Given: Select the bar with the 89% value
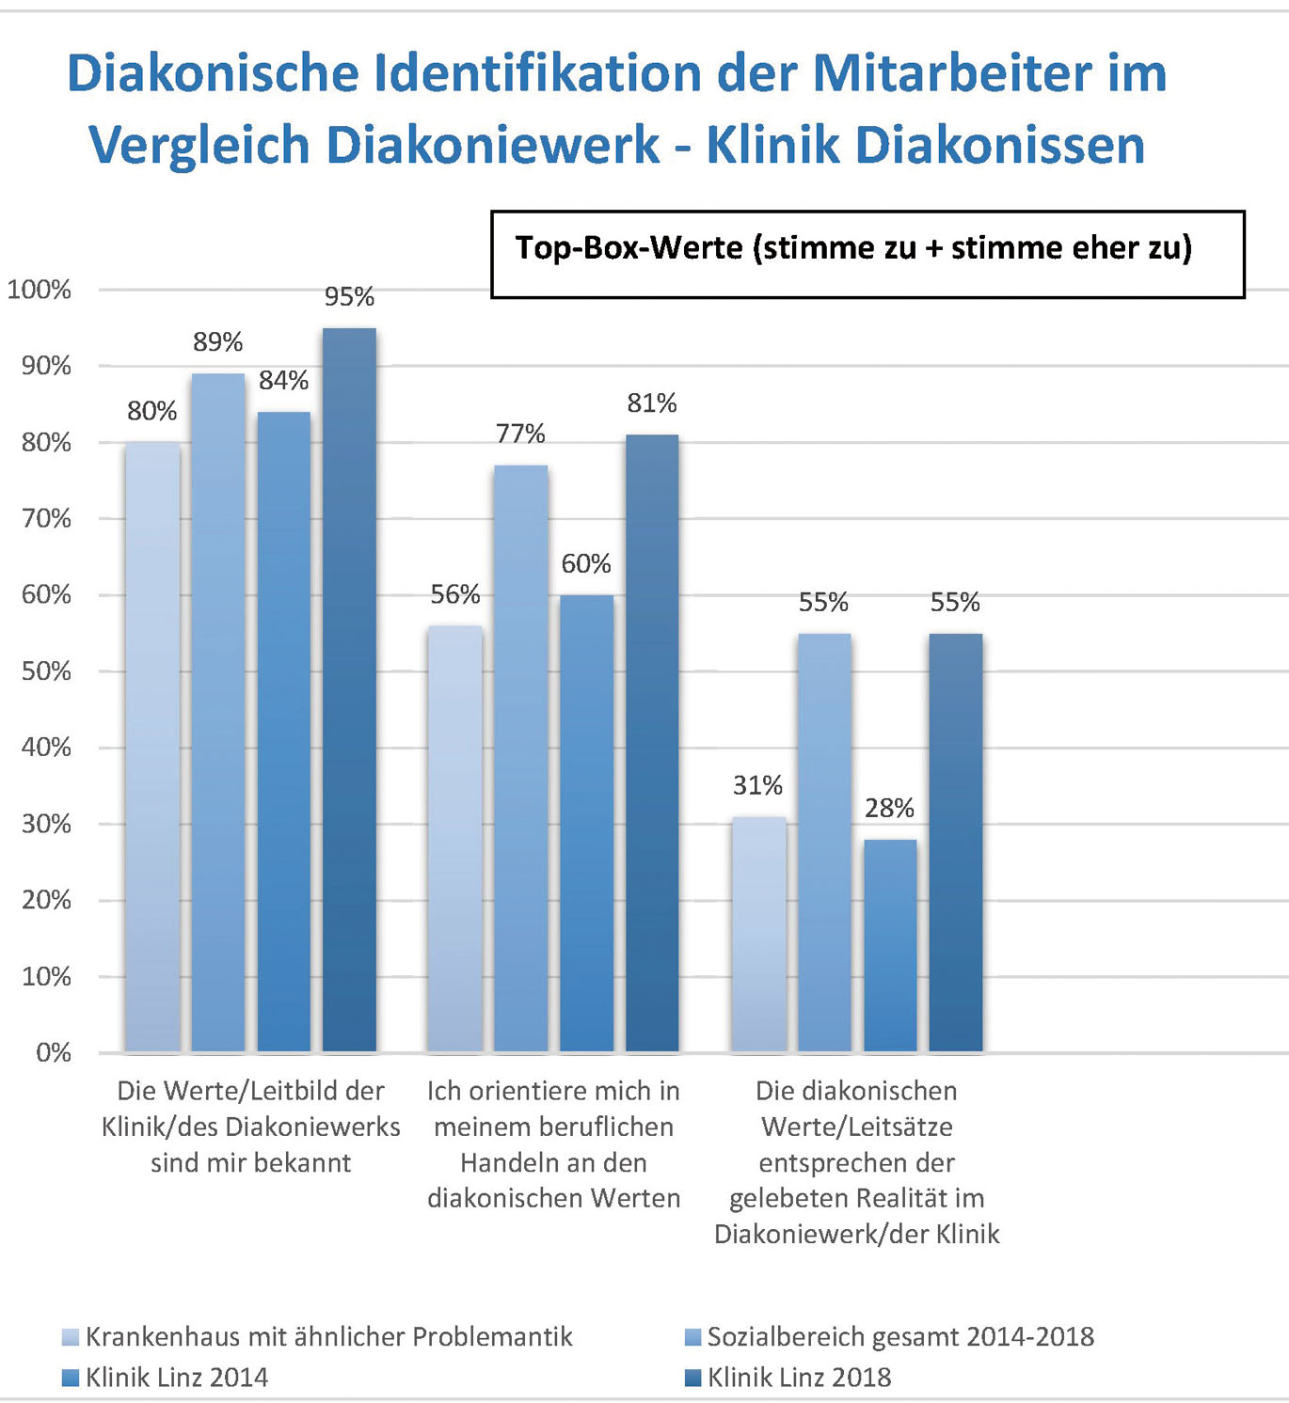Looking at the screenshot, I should pyautogui.click(x=218, y=712).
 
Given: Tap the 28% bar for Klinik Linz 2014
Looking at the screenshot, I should pyautogui.click(x=889, y=945).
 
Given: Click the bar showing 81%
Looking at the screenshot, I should pyautogui.click(x=652, y=743).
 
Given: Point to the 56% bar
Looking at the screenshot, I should pyautogui.click(x=454, y=838).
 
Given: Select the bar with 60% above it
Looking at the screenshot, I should pyautogui.click(x=586, y=823).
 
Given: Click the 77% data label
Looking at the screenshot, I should pyautogui.click(x=520, y=434).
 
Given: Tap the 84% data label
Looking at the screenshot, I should pyautogui.click(x=283, y=381).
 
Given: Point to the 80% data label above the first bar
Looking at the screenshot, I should pyautogui.click(x=151, y=411).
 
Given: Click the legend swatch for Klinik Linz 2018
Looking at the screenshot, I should pyautogui.click(x=693, y=1378).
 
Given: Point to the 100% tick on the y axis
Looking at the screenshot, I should pyautogui.click(x=40, y=290).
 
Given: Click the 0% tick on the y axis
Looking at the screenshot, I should pyautogui.click(x=53, y=1052).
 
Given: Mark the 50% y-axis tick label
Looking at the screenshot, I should pyautogui.click(x=46, y=671).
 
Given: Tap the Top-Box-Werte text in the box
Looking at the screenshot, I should pyautogui.click(x=629, y=248).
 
